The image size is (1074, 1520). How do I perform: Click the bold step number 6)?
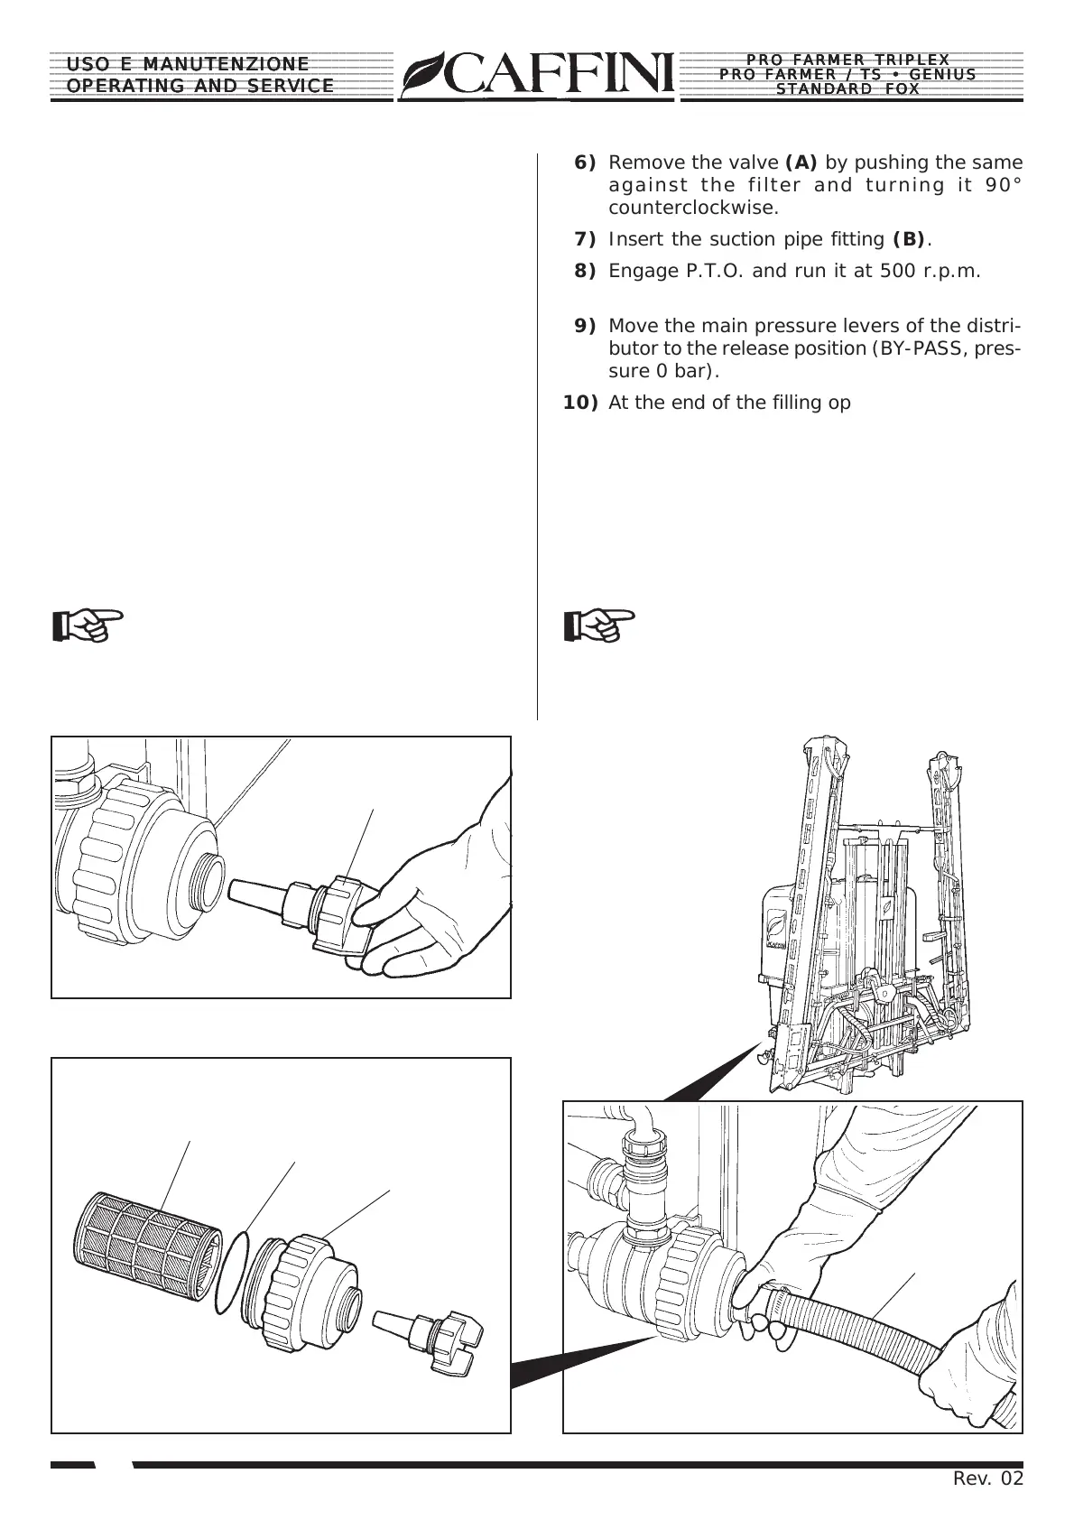click(x=585, y=163)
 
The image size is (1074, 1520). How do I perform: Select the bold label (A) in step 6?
click(x=801, y=163)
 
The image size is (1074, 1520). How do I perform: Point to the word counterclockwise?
click(x=693, y=209)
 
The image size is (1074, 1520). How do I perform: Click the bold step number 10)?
click(x=580, y=403)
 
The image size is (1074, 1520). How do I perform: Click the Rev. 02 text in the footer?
click(x=988, y=1478)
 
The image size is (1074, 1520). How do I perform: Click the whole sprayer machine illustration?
click(x=866, y=912)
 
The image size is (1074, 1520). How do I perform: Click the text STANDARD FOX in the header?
click(x=848, y=89)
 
